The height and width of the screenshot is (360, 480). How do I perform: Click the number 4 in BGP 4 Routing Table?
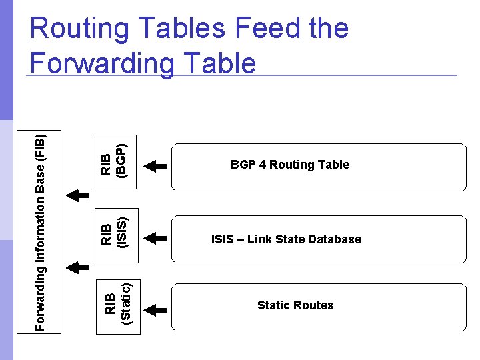[259, 165]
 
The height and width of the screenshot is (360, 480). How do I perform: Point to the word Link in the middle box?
[259, 239]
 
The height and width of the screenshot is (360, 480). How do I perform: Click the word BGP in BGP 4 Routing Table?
[242, 165]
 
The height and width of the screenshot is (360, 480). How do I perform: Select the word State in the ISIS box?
[289, 239]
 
